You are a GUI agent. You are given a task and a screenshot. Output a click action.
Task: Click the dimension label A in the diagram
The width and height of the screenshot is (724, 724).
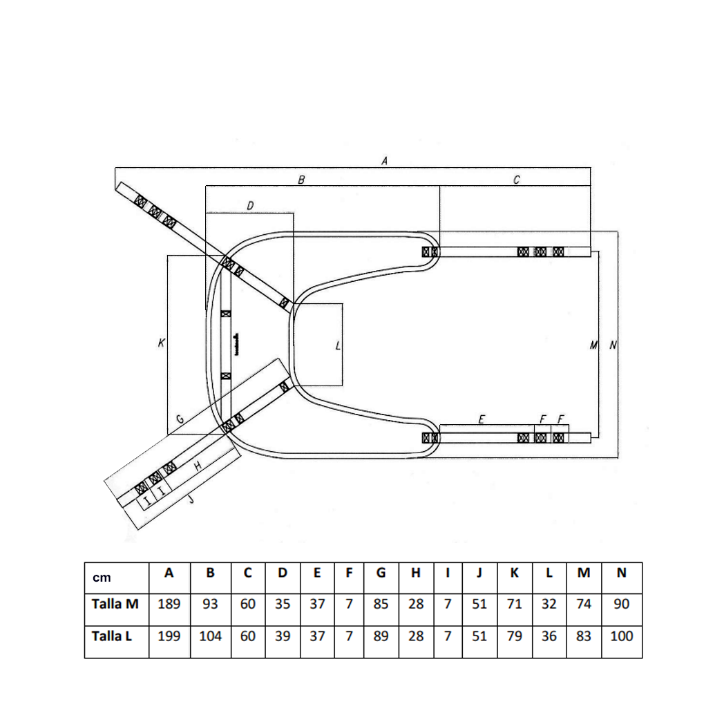coord(384,161)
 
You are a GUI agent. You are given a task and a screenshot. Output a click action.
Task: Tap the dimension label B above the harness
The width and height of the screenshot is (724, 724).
coord(301,180)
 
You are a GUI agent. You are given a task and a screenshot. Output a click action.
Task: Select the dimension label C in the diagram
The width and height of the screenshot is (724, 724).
coord(517,180)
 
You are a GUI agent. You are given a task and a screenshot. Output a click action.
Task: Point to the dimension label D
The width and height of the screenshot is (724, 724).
coord(250,205)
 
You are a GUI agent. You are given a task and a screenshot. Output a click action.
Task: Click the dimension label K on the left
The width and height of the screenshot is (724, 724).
coord(161,343)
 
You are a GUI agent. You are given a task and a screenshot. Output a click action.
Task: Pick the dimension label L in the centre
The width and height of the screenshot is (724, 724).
coord(338,345)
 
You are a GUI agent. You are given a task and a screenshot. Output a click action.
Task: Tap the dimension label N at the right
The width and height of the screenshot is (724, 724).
coord(613,345)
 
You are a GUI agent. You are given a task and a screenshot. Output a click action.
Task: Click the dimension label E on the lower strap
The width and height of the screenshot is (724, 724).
coord(482,419)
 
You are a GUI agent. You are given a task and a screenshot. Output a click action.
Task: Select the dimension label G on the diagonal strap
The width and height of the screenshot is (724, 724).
coord(180,419)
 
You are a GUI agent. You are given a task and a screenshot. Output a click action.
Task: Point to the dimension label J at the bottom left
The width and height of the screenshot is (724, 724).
coord(191,499)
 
